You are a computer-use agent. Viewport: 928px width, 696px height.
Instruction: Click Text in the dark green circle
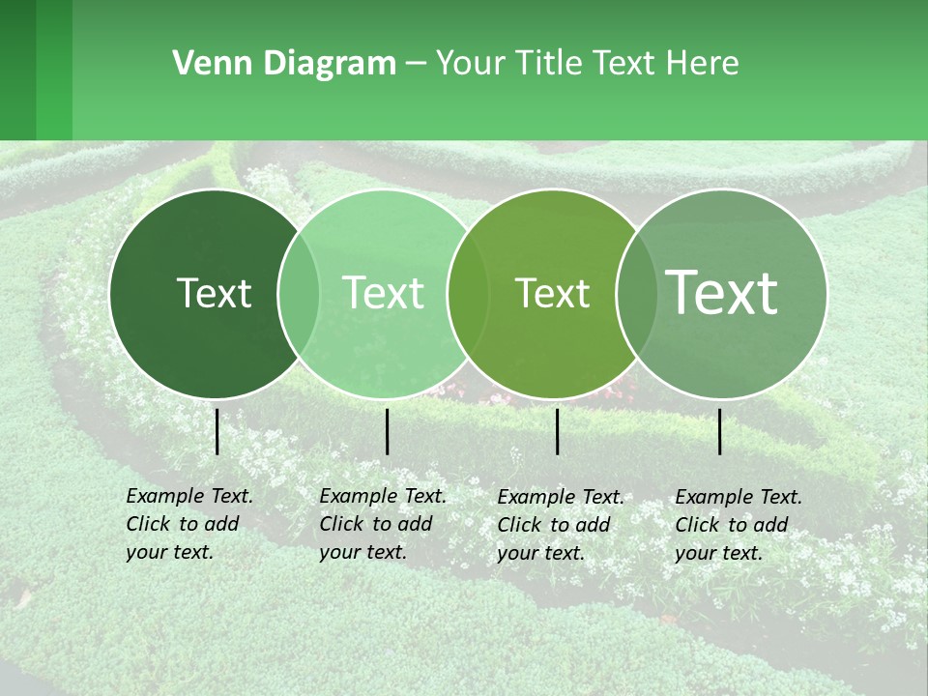tap(214, 293)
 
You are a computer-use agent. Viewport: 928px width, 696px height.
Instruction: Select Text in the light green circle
tap(384, 293)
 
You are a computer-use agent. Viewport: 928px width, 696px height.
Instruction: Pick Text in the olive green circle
tap(553, 293)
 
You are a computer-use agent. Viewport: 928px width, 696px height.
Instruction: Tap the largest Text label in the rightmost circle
tap(722, 292)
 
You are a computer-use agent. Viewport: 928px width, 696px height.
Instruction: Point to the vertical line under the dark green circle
tap(217, 431)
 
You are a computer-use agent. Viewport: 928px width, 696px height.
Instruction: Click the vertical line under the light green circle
tap(387, 431)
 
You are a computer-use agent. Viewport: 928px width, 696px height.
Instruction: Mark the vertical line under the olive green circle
tap(558, 431)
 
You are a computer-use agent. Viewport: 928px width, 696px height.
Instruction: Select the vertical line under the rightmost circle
tap(720, 431)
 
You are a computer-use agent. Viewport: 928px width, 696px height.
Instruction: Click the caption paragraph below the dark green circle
tap(188, 524)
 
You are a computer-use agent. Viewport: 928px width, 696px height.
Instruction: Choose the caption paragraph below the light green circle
tap(382, 524)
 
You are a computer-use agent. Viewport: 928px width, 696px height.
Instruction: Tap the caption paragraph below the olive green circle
tap(560, 525)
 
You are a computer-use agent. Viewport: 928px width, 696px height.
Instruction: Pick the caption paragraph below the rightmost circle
tap(738, 525)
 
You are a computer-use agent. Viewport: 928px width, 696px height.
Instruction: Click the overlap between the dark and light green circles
tap(299, 293)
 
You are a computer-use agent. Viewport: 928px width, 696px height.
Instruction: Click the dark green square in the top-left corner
tap(18, 70)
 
